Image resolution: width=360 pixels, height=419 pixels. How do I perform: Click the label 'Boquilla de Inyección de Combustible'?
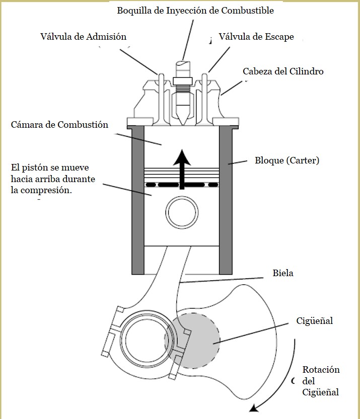(x=195, y=11)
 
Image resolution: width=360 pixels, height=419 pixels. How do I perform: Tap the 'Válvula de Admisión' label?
(x=83, y=37)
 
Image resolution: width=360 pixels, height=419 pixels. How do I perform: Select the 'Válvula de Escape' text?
(x=256, y=37)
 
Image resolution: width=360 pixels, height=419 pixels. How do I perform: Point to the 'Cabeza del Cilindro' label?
(x=283, y=71)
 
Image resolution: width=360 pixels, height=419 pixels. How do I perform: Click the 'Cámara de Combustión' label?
(x=59, y=125)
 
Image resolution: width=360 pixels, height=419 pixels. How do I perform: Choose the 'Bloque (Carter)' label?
(x=287, y=160)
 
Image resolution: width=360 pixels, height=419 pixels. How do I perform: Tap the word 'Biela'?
(x=282, y=273)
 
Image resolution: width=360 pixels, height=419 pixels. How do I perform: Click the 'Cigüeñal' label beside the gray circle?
(x=315, y=321)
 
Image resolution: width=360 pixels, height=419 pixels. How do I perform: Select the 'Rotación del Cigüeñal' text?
(x=321, y=381)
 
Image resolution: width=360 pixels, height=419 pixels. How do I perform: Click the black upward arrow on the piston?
(x=182, y=170)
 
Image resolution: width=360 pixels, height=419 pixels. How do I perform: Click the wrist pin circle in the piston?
(x=182, y=213)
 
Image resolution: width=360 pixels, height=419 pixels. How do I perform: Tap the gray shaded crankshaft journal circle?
(x=192, y=341)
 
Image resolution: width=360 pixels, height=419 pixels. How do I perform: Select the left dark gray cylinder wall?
(x=138, y=200)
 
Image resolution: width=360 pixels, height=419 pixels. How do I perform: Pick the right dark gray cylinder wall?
(x=226, y=200)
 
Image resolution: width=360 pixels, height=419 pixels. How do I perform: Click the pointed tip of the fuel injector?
(x=183, y=125)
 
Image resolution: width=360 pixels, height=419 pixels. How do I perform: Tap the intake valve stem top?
(x=162, y=75)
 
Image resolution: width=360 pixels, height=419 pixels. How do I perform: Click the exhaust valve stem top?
(x=204, y=75)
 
